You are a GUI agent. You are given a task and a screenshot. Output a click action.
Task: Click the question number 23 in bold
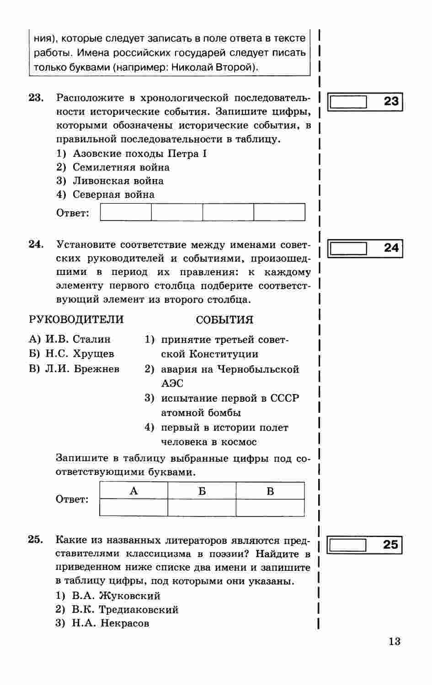pyautogui.click(x=36, y=98)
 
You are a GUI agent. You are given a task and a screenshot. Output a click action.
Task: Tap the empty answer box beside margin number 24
pyautogui.click(x=348, y=248)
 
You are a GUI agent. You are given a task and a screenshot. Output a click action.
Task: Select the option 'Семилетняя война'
pyautogui.click(x=121, y=167)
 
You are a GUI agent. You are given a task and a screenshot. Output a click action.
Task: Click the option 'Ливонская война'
pyautogui.click(x=118, y=181)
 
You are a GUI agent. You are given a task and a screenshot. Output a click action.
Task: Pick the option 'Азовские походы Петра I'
pyautogui.click(x=139, y=153)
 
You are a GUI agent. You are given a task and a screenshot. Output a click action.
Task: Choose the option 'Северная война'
pyautogui.click(x=113, y=195)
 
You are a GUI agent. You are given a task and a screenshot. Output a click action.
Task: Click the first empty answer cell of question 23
pyautogui.click(x=126, y=212)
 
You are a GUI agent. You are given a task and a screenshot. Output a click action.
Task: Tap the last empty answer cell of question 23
pyautogui.click(x=279, y=212)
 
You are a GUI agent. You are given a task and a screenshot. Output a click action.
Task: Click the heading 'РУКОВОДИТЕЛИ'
pyautogui.click(x=76, y=319)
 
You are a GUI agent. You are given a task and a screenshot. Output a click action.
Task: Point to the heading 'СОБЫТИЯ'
pyautogui.click(x=224, y=320)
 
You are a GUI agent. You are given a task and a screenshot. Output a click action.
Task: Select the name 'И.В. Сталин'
pyautogui.click(x=78, y=339)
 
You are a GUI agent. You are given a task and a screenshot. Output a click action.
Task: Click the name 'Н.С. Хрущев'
pyautogui.click(x=80, y=354)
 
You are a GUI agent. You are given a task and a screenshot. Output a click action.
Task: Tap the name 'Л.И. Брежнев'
pyautogui.click(x=82, y=369)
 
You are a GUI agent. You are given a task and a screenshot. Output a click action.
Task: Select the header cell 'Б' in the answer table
pyautogui.click(x=202, y=491)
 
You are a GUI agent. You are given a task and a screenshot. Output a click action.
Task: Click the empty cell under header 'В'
pyautogui.click(x=270, y=507)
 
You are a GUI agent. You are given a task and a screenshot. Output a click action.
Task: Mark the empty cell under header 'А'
pyautogui.click(x=133, y=507)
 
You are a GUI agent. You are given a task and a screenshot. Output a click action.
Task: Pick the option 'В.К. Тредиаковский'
pyautogui.click(x=125, y=610)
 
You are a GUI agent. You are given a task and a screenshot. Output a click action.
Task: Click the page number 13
pyautogui.click(x=395, y=641)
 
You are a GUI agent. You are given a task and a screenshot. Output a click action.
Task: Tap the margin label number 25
pyautogui.click(x=391, y=545)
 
